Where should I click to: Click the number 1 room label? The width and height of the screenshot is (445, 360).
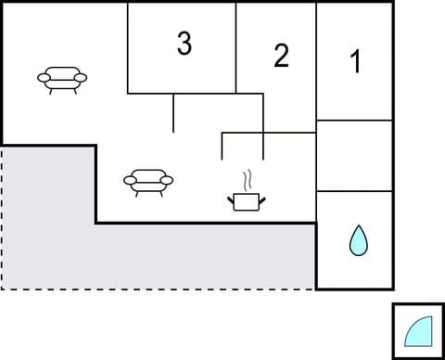click(x=355, y=62)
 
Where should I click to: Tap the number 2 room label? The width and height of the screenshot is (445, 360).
click(x=281, y=56)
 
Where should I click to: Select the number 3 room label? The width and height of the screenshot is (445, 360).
click(x=184, y=44)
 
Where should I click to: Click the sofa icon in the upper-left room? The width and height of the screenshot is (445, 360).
click(x=63, y=80)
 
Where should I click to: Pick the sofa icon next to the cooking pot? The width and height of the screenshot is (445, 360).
click(x=148, y=181)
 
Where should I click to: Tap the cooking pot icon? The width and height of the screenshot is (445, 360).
click(x=245, y=200)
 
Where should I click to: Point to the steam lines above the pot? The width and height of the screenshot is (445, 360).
click(x=247, y=178)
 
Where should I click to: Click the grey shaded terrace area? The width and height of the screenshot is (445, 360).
click(x=185, y=255)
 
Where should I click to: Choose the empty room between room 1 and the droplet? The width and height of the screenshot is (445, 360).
click(x=354, y=156)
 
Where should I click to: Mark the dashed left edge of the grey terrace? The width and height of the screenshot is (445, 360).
click(x=2, y=218)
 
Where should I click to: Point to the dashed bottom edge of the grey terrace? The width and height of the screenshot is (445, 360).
click(x=158, y=289)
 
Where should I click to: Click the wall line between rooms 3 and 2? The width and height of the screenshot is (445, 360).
click(x=236, y=46)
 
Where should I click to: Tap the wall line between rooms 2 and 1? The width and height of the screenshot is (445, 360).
click(x=316, y=60)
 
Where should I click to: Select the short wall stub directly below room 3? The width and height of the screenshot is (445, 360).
click(x=173, y=112)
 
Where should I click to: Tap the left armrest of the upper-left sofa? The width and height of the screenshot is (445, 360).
click(x=44, y=78)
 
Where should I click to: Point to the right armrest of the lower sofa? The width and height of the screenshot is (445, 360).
click(x=168, y=179)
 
